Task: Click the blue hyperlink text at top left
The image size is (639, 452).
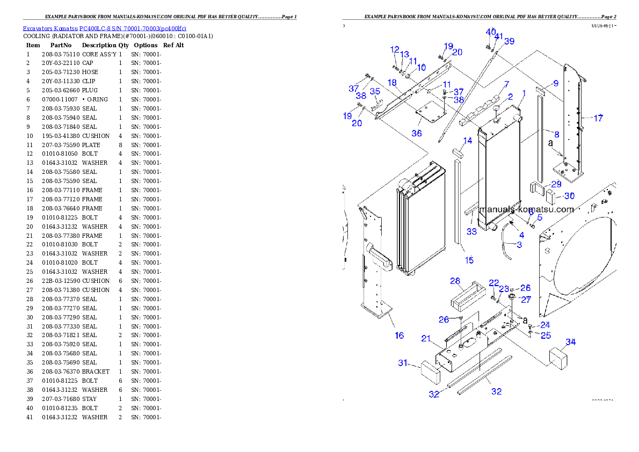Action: (x=104, y=28)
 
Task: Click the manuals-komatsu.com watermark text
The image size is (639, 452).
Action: (x=526, y=209)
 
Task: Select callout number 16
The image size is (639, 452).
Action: (x=399, y=336)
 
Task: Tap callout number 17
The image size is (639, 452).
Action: (x=598, y=118)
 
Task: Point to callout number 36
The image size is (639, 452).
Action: (x=416, y=133)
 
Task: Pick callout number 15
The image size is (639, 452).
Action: (x=469, y=260)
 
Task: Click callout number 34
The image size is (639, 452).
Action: (x=570, y=342)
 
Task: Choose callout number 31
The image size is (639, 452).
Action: (x=403, y=363)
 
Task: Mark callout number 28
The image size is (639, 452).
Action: (x=455, y=281)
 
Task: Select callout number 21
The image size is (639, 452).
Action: (x=426, y=338)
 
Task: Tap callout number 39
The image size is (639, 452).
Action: (x=509, y=41)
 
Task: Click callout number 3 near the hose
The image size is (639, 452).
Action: (x=519, y=245)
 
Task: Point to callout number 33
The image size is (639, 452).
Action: (x=471, y=232)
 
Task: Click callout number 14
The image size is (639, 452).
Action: (x=468, y=141)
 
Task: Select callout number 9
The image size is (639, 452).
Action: (x=556, y=83)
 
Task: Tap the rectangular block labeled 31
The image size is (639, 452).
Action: (x=430, y=370)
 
